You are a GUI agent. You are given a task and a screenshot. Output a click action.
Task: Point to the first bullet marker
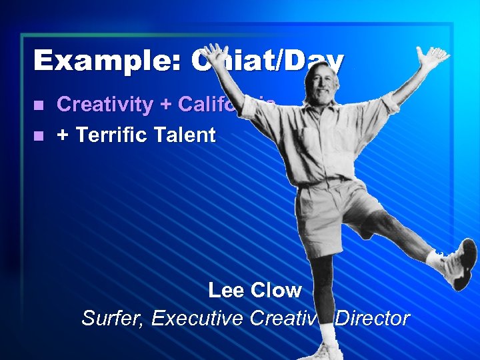[39, 105]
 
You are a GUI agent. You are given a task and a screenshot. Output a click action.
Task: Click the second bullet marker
[39, 136]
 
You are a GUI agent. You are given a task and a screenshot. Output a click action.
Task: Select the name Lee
[225, 290]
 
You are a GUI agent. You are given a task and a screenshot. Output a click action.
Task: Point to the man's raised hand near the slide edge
[432, 58]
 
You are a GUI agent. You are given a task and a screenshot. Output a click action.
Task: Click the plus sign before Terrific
[63, 136]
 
